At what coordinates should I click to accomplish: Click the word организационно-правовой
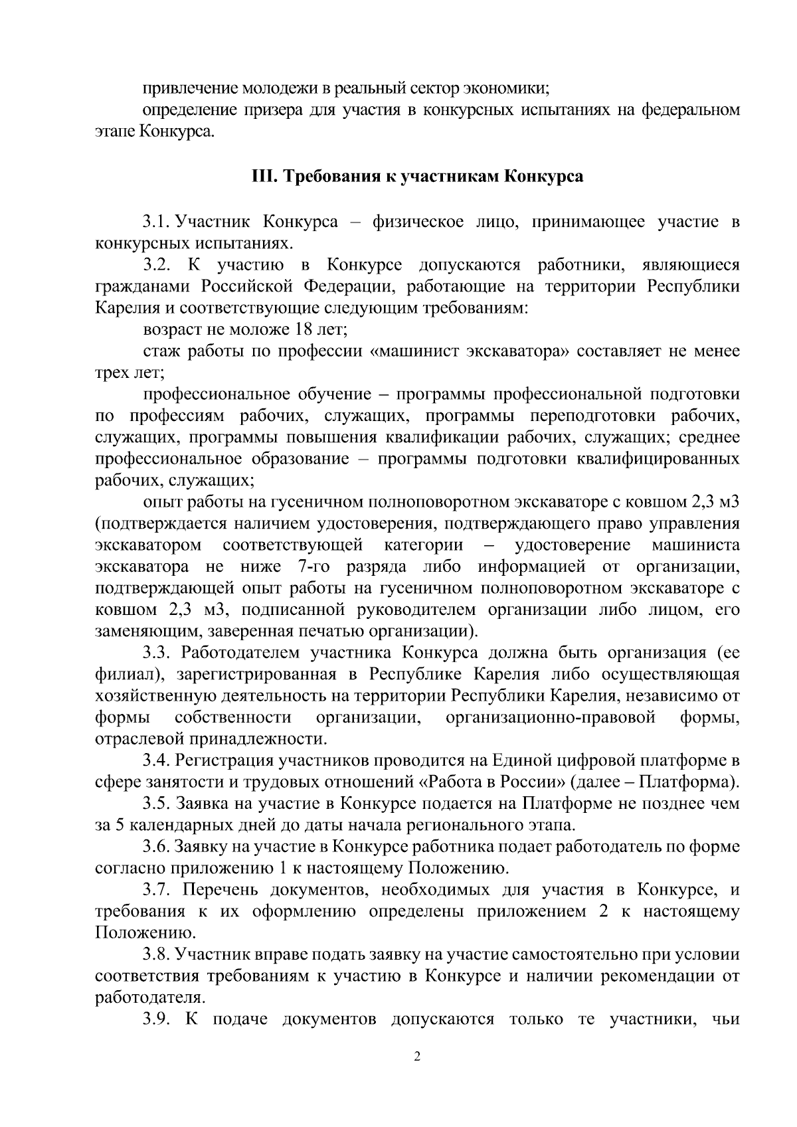point(551,717)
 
